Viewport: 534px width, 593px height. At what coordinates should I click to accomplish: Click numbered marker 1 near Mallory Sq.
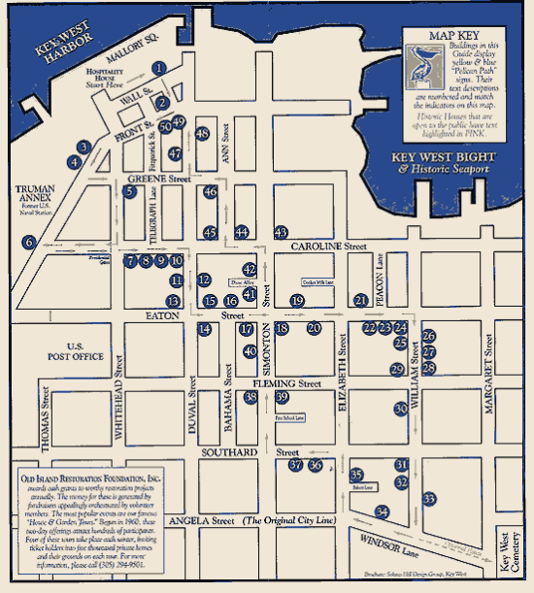(157, 69)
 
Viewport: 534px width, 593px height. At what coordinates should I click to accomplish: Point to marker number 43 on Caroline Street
(281, 232)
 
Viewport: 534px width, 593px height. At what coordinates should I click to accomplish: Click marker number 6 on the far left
(29, 242)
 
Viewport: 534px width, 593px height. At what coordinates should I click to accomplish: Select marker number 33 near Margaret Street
(428, 499)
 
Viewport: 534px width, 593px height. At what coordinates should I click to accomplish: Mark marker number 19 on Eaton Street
(297, 301)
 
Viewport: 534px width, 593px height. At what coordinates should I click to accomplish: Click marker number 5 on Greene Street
(129, 192)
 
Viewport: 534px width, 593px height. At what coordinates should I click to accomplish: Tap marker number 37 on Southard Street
(296, 465)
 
